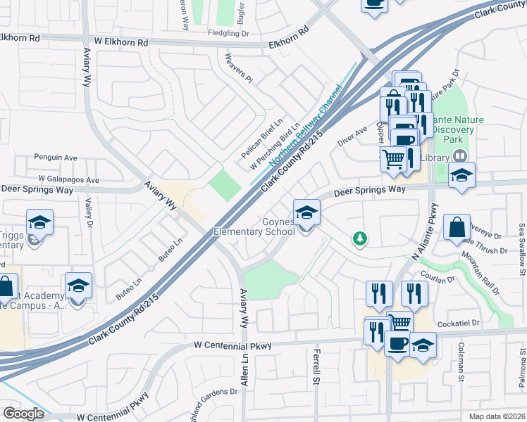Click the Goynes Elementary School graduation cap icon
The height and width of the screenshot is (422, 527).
[306, 212]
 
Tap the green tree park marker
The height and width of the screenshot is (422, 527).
[360, 239]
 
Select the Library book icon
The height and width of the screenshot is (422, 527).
[459, 156]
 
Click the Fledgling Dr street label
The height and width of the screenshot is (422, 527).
[228, 33]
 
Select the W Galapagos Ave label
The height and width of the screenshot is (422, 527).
[68, 180]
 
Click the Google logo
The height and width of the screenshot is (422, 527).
[23, 414]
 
